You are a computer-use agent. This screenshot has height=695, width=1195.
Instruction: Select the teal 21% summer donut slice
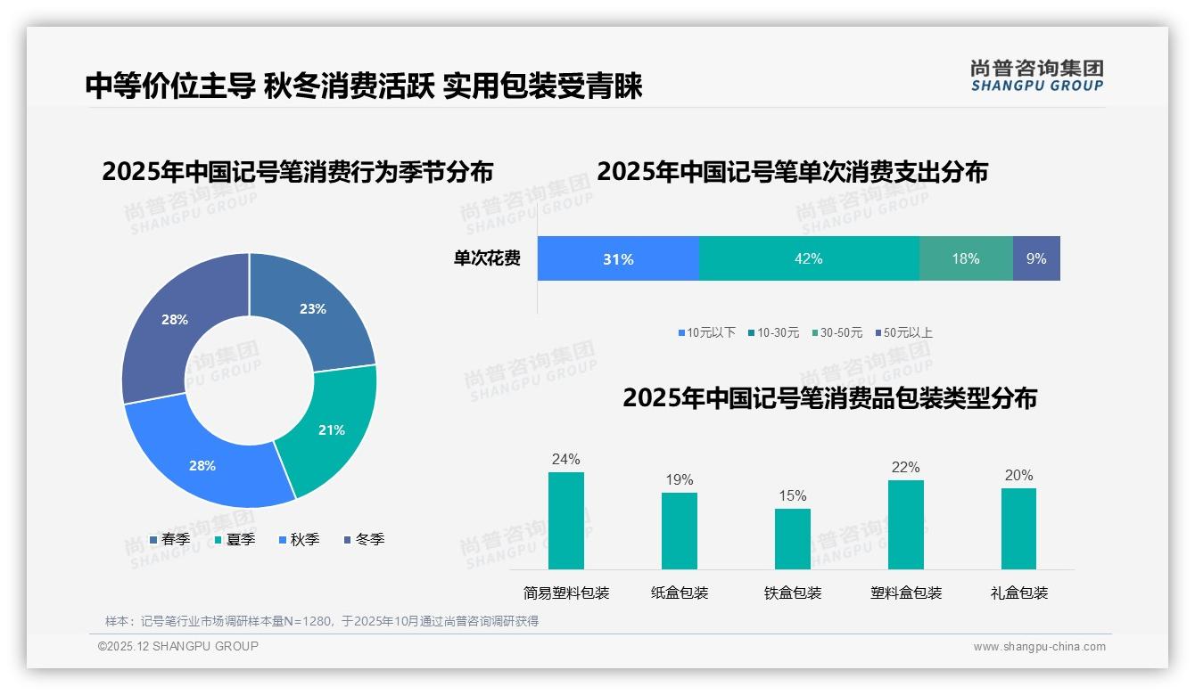point(331,429)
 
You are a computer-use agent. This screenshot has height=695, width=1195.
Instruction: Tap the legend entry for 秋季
point(299,539)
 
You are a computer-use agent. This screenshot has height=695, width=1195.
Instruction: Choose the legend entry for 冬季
point(364,539)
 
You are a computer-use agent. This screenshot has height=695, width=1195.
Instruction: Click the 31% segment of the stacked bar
point(618,259)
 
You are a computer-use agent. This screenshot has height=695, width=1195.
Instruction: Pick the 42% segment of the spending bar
point(808,259)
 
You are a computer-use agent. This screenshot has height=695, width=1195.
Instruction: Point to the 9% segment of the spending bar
point(1036,259)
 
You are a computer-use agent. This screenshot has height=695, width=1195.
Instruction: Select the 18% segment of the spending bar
point(965,259)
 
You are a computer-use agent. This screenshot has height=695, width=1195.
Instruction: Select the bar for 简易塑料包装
point(565,520)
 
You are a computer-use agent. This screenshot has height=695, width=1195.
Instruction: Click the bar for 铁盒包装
point(792,538)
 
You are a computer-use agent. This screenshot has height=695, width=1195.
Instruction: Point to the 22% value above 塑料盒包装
point(905,468)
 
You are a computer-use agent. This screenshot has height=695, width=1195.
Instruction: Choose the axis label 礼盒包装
point(1018,593)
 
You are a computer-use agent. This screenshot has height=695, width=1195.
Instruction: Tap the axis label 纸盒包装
point(680,593)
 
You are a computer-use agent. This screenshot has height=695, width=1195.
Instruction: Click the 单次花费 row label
point(487,259)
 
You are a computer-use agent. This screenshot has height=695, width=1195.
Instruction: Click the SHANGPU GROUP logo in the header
point(1036,76)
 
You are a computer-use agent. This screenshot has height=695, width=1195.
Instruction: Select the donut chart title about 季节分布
point(297,172)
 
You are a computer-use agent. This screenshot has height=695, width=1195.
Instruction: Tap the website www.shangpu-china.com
point(1039,647)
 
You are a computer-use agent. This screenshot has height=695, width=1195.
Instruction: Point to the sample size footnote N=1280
point(322,621)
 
